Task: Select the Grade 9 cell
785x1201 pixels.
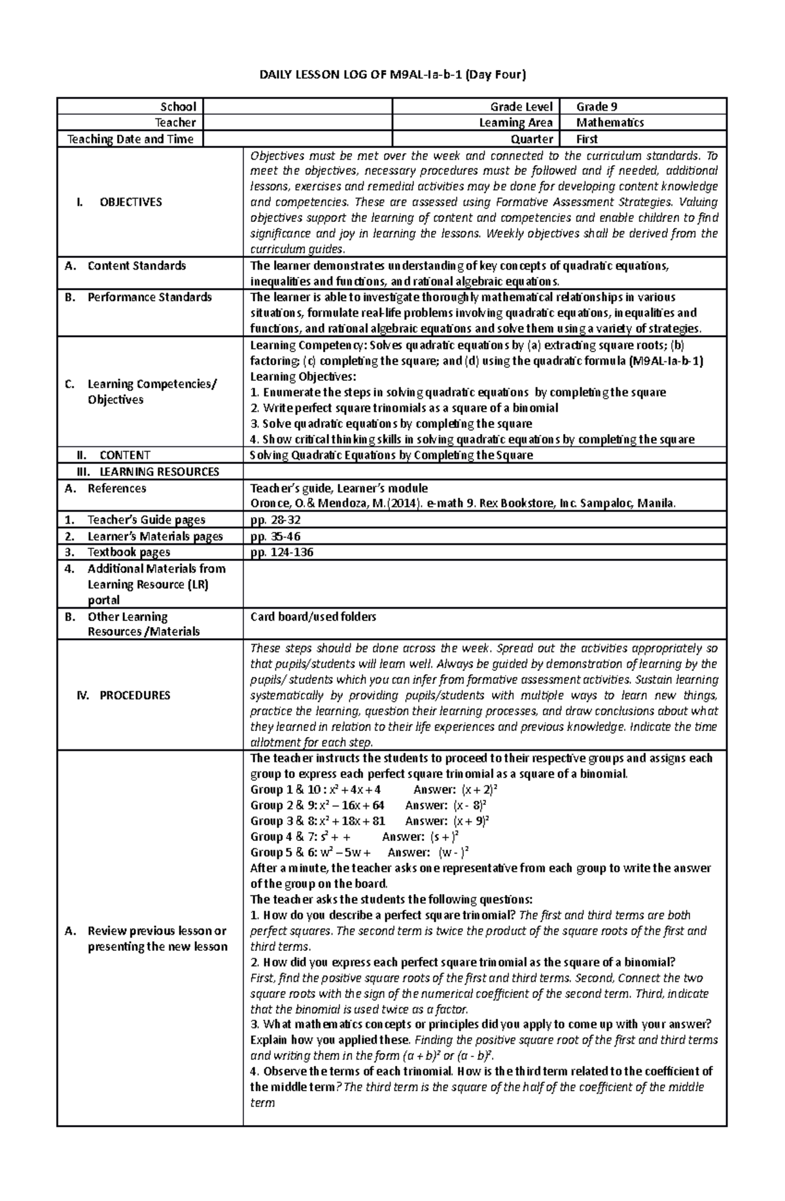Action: (x=597, y=107)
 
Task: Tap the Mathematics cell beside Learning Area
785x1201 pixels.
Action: (x=610, y=122)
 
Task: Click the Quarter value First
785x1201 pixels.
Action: (x=587, y=139)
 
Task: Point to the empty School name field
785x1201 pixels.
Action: (x=296, y=107)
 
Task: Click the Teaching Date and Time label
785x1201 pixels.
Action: (x=130, y=139)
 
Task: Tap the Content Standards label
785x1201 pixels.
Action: (x=136, y=266)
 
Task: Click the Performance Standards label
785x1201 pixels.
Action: (x=149, y=297)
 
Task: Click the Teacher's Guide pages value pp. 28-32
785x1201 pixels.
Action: (x=275, y=520)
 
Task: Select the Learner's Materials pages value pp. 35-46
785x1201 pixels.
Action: (x=275, y=536)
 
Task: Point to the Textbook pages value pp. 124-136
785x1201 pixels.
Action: (x=282, y=552)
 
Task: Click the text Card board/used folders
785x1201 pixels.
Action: (x=313, y=617)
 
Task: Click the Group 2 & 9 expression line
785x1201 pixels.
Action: (x=317, y=805)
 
